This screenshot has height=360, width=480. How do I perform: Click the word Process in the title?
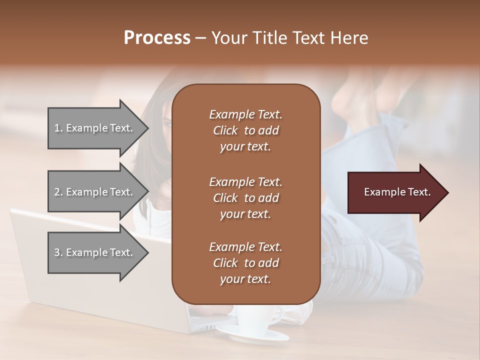157,38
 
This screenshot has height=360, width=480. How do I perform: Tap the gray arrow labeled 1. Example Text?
95,128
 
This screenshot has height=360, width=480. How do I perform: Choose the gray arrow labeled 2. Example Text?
95,192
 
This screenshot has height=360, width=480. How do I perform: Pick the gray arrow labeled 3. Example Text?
95,252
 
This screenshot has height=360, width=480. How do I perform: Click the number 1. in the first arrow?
58,128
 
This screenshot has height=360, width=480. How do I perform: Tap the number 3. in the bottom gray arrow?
58,252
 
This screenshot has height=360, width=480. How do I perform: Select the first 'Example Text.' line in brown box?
245,114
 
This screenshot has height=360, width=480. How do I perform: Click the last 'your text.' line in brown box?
245,279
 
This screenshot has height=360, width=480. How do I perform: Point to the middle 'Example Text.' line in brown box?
245,181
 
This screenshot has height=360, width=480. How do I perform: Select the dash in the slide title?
201,38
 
